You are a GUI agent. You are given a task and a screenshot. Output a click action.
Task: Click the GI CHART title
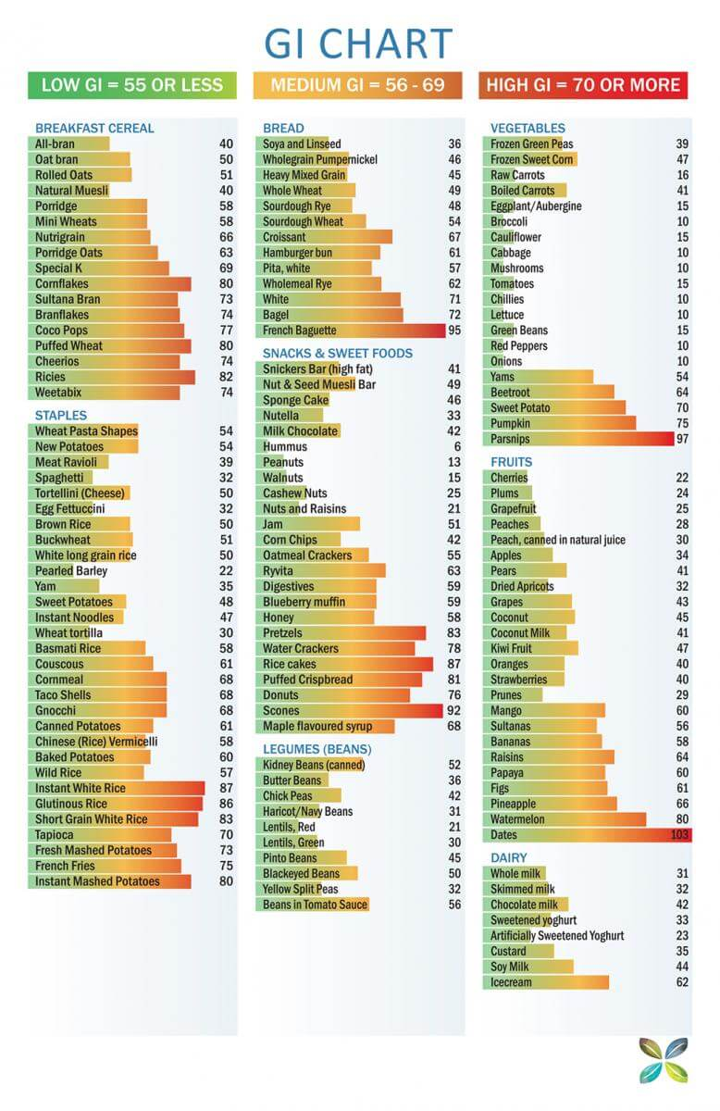(358, 44)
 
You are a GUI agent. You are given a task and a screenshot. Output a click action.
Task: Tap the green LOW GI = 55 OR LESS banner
(132, 85)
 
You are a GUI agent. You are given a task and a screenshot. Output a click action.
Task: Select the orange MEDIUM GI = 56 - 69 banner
(359, 85)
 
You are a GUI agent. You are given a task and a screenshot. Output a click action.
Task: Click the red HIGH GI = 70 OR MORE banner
(584, 85)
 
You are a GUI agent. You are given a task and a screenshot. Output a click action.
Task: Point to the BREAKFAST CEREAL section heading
(94, 128)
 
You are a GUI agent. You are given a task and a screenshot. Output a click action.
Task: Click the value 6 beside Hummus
(457, 447)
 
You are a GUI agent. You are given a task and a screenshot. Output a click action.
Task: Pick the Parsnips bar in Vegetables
(578, 439)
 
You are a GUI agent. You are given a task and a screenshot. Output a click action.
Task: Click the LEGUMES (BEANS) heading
(317, 749)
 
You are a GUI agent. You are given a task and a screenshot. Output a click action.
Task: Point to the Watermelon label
(517, 819)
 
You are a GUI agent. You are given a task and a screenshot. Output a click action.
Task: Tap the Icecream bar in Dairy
(545, 982)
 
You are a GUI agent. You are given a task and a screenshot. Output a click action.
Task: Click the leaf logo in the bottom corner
(664, 1059)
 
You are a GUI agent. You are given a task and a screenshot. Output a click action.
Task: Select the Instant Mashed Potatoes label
(97, 881)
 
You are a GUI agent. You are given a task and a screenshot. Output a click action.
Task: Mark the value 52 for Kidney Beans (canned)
(454, 765)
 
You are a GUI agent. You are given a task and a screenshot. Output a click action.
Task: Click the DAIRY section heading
(509, 858)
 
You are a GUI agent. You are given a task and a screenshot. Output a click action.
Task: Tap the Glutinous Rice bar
(115, 804)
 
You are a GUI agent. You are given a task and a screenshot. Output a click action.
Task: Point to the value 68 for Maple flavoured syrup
(454, 726)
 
